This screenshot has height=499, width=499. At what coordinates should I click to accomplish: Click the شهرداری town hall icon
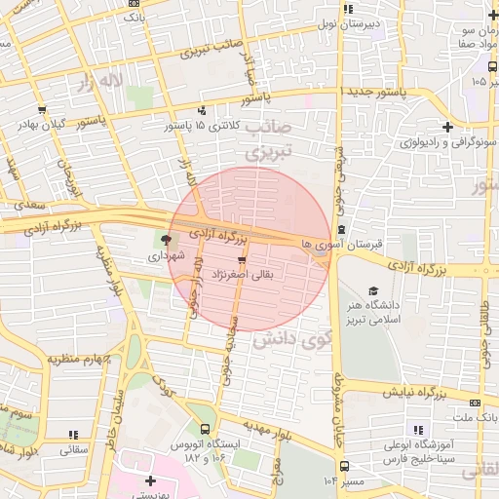[165, 239]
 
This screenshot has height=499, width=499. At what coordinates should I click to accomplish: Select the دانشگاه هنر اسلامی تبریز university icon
[372, 290]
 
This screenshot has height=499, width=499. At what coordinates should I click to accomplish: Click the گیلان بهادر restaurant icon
[42, 111]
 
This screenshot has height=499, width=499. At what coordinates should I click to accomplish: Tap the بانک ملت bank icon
[475, 402]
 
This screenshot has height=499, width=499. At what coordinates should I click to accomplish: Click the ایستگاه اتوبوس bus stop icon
[205, 428]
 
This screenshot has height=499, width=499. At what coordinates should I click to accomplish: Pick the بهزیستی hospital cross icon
[150, 480]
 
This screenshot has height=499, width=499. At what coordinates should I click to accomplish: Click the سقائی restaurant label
[72, 450]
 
